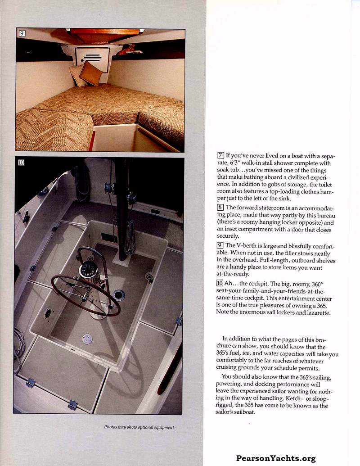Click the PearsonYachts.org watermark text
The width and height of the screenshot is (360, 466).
pos(276,459)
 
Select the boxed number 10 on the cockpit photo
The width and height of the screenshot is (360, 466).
pos(21,163)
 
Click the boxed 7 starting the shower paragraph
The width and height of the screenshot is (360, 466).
pos(220,156)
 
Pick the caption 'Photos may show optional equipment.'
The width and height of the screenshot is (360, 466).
pos(139,427)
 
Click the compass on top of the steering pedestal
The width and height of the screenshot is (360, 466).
pos(88,271)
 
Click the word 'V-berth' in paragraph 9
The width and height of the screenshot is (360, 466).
pos(247,245)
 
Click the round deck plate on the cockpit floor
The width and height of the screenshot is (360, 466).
pos(87,339)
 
